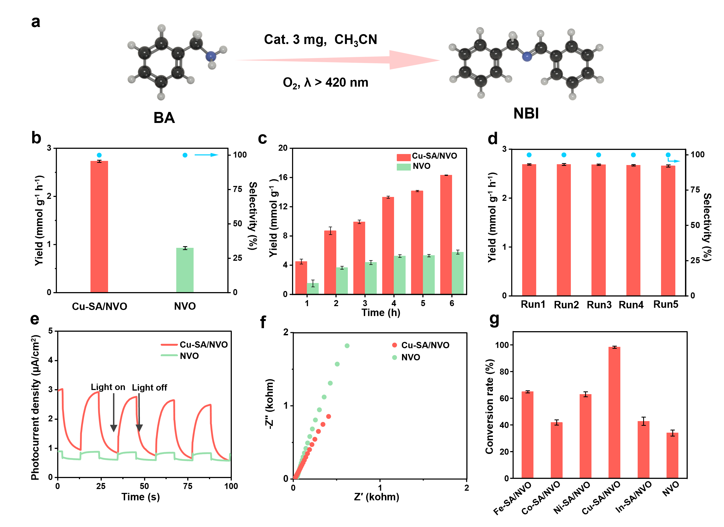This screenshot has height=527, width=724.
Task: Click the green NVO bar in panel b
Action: [185, 270]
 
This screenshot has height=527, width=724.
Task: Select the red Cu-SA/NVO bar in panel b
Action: [99, 227]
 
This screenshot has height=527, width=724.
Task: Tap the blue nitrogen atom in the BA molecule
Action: [211, 57]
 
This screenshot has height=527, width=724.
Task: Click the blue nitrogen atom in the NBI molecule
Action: [527, 57]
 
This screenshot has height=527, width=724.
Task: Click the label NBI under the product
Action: [526, 113]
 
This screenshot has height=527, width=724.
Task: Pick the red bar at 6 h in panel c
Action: [446, 235]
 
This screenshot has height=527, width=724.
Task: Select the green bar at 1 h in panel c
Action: [313, 289]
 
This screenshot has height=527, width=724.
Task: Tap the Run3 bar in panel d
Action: [598, 230]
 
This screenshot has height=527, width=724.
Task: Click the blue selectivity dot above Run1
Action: [529, 155]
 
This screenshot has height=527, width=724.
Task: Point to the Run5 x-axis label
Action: [666, 304]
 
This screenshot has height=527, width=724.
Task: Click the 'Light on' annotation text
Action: [108, 387]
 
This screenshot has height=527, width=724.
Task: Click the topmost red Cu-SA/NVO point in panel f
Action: [329, 416]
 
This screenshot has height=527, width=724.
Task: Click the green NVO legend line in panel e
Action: [169, 355]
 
